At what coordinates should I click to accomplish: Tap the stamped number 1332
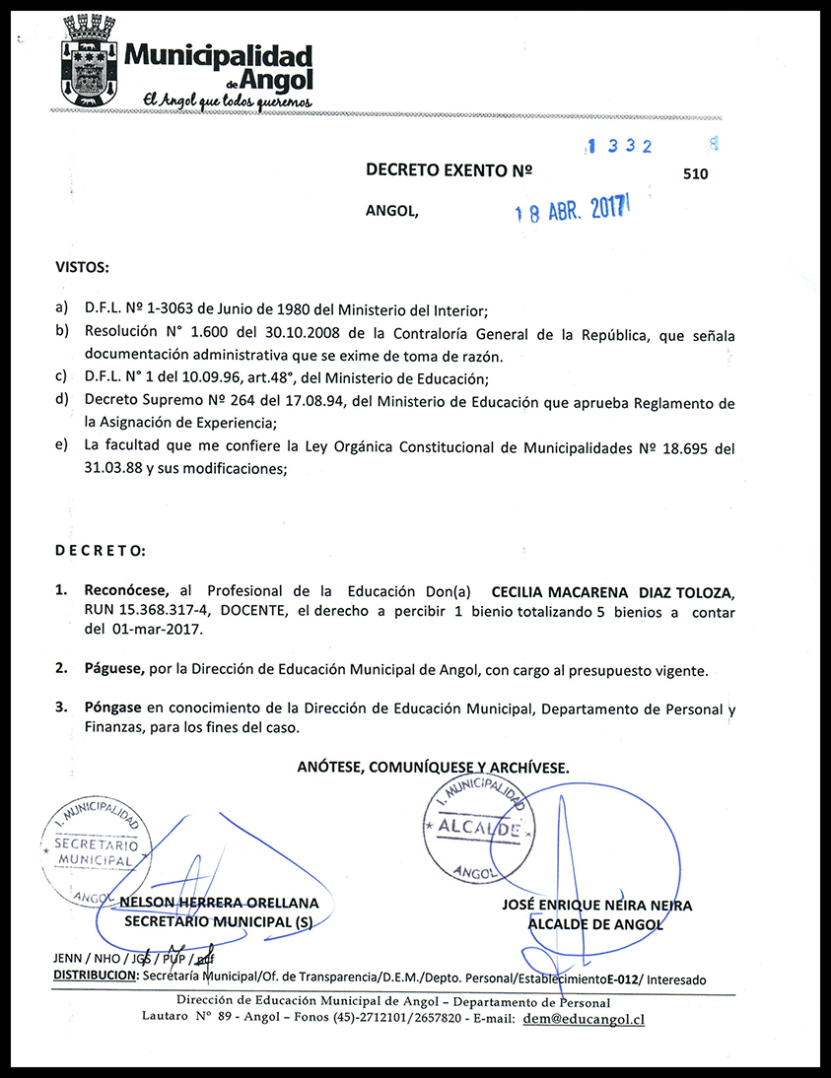620,146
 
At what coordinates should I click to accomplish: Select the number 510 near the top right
695,174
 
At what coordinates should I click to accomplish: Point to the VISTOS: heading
83,268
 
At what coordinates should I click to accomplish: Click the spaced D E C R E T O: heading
101,549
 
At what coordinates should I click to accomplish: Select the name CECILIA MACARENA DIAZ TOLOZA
612,591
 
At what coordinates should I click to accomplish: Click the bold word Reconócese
126,591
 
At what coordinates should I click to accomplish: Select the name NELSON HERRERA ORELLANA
219,903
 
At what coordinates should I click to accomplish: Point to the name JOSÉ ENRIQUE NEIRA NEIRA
596,906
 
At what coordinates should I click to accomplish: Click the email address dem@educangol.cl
584,1019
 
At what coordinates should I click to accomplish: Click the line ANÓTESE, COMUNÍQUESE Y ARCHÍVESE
433,767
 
